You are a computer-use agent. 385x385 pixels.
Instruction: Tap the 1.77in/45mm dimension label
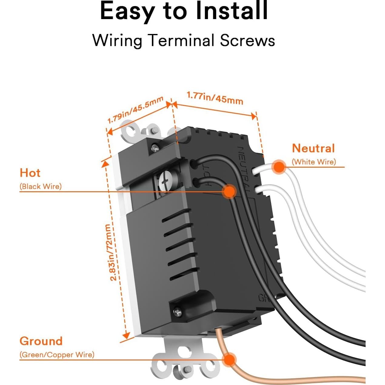click(x=215, y=98)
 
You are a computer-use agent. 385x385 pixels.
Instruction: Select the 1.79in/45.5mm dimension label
click(x=136, y=110)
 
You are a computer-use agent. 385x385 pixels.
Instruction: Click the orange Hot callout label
click(x=30, y=173)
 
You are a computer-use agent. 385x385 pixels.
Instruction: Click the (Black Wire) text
click(x=41, y=186)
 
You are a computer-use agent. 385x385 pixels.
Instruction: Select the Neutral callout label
click(x=313, y=148)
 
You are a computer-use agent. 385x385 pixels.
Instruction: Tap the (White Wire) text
click(x=314, y=162)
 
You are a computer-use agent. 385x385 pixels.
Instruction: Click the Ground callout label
click(x=41, y=341)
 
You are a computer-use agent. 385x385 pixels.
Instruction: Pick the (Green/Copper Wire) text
click(x=57, y=355)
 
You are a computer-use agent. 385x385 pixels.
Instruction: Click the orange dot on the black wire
click(x=229, y=191)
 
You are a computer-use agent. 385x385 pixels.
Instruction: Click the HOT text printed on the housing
click(x=207, y=176)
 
